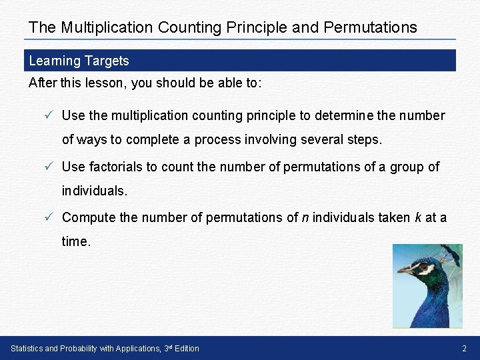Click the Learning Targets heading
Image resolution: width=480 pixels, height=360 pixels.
tap(79, 61)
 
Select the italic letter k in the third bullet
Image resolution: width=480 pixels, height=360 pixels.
tap(417, 217)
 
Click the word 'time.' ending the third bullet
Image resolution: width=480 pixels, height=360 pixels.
tap(76, 242)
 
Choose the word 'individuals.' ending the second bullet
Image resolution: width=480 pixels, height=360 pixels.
tap(94, 191)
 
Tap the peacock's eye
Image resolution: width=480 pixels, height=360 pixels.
tap(422, 267)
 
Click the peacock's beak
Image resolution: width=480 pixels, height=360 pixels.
tap(404, 270)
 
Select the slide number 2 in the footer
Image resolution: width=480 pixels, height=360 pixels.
tap(464, 349)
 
